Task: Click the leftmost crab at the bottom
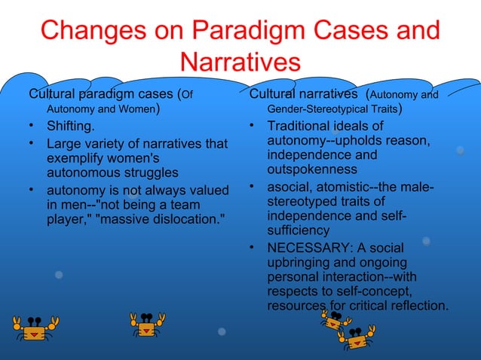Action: (35, 327)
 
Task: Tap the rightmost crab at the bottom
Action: (357, 337)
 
